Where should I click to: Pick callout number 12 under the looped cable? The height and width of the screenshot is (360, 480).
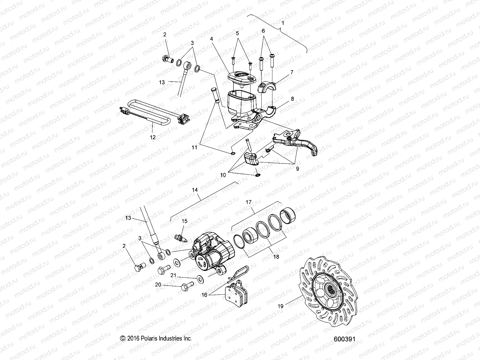pos(153,137)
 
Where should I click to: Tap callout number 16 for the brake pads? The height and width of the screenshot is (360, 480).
pos(204,295)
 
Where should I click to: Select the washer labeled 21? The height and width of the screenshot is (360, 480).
pos(199,279)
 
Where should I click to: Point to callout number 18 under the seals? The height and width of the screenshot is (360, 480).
pos(276,256)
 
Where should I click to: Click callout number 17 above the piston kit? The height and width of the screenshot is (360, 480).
pos(248,202)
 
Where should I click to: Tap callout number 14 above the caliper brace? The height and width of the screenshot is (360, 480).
pos(195,190)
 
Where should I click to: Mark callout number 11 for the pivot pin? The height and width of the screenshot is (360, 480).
pos(195,148)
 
